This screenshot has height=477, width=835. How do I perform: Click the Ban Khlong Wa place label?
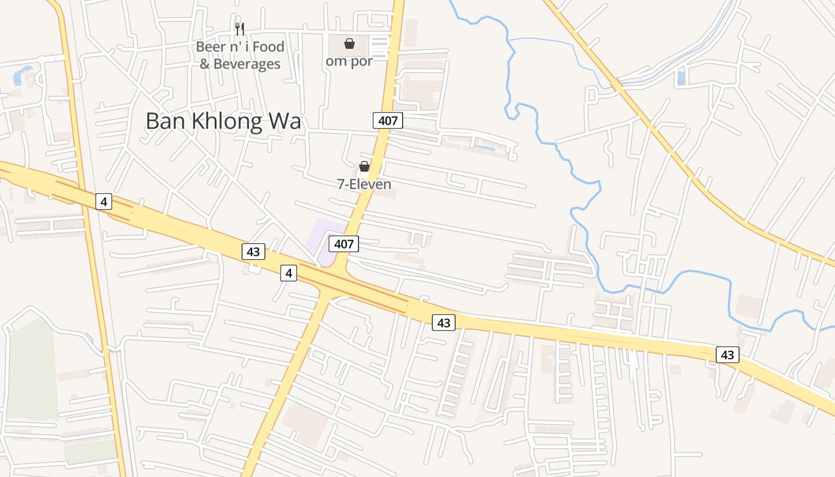(223, 121)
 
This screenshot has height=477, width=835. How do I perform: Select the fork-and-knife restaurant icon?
(240, 28)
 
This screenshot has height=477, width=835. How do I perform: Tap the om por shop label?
(349, 61)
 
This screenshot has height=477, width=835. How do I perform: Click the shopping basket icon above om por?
(350, 44)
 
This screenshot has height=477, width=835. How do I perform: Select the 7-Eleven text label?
(364, 184)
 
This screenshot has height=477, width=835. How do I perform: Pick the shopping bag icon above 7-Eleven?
(364, 166)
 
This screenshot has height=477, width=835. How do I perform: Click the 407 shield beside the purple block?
(344, 243)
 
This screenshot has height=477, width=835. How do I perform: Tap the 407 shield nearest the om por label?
(388, 120)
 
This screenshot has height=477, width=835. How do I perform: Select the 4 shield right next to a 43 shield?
(289, 273)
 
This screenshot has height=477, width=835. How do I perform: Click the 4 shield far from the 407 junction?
(104, 202)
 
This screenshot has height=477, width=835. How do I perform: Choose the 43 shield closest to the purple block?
(253, 252)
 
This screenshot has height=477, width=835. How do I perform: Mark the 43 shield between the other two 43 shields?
(443, 323)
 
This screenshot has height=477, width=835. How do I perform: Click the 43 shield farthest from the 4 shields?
(727, 355)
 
